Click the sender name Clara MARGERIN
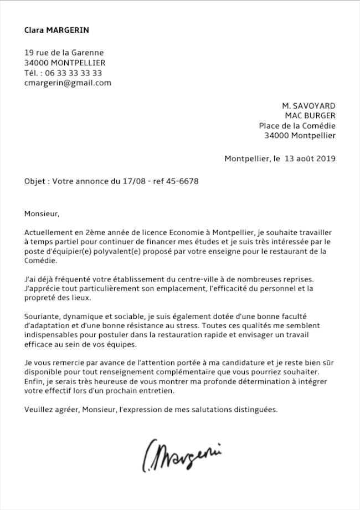click(56, 30)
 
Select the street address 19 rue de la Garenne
click(64, 53)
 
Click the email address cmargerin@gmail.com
click(68, 83)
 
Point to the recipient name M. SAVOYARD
click(308, 105)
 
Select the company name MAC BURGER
click(310, 115)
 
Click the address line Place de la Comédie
click(297, 125)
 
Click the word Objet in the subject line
click(35, 181)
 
